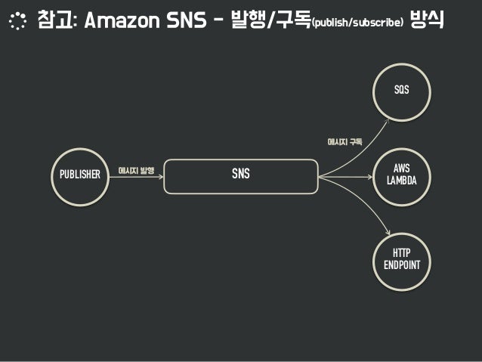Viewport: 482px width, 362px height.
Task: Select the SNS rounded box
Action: pos(240,175)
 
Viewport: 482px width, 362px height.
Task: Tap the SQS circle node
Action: pos(401,91)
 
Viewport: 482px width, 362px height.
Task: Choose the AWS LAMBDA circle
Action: pos(401,175)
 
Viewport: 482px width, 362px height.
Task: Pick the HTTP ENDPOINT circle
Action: pos(401,258)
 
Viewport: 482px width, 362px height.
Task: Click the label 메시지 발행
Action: pos(136,171)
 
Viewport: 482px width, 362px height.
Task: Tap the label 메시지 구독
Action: pos(345,141)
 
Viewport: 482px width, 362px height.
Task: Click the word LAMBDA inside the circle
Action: pos(401,181)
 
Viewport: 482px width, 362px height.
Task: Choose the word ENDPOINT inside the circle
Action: pos(401,265)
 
